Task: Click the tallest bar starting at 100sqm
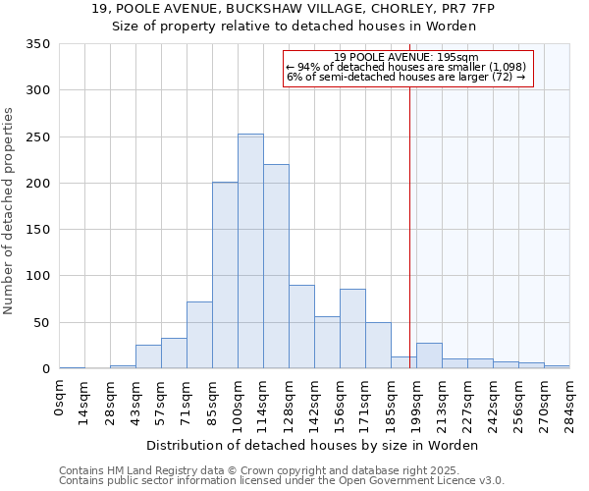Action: (x=250, y=251)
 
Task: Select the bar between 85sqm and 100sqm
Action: (x=225, y=275)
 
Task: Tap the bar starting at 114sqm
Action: (x=276, y=266)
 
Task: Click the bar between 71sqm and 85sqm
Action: (x=199, y=335)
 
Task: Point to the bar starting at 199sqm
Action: (x=429, y=355)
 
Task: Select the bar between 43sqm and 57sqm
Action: (x=148, y=356)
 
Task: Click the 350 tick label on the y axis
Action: (x=38, y=44)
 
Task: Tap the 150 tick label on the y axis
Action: (x=38, y=230)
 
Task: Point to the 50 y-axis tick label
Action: (x=41, y=322)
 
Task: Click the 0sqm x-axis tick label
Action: (x=61, y=397)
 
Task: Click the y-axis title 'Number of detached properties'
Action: (x=9, y=211)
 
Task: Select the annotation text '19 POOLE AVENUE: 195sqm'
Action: (x=406, y=58)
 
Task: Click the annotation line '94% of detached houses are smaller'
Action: (x=406, y=67)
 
